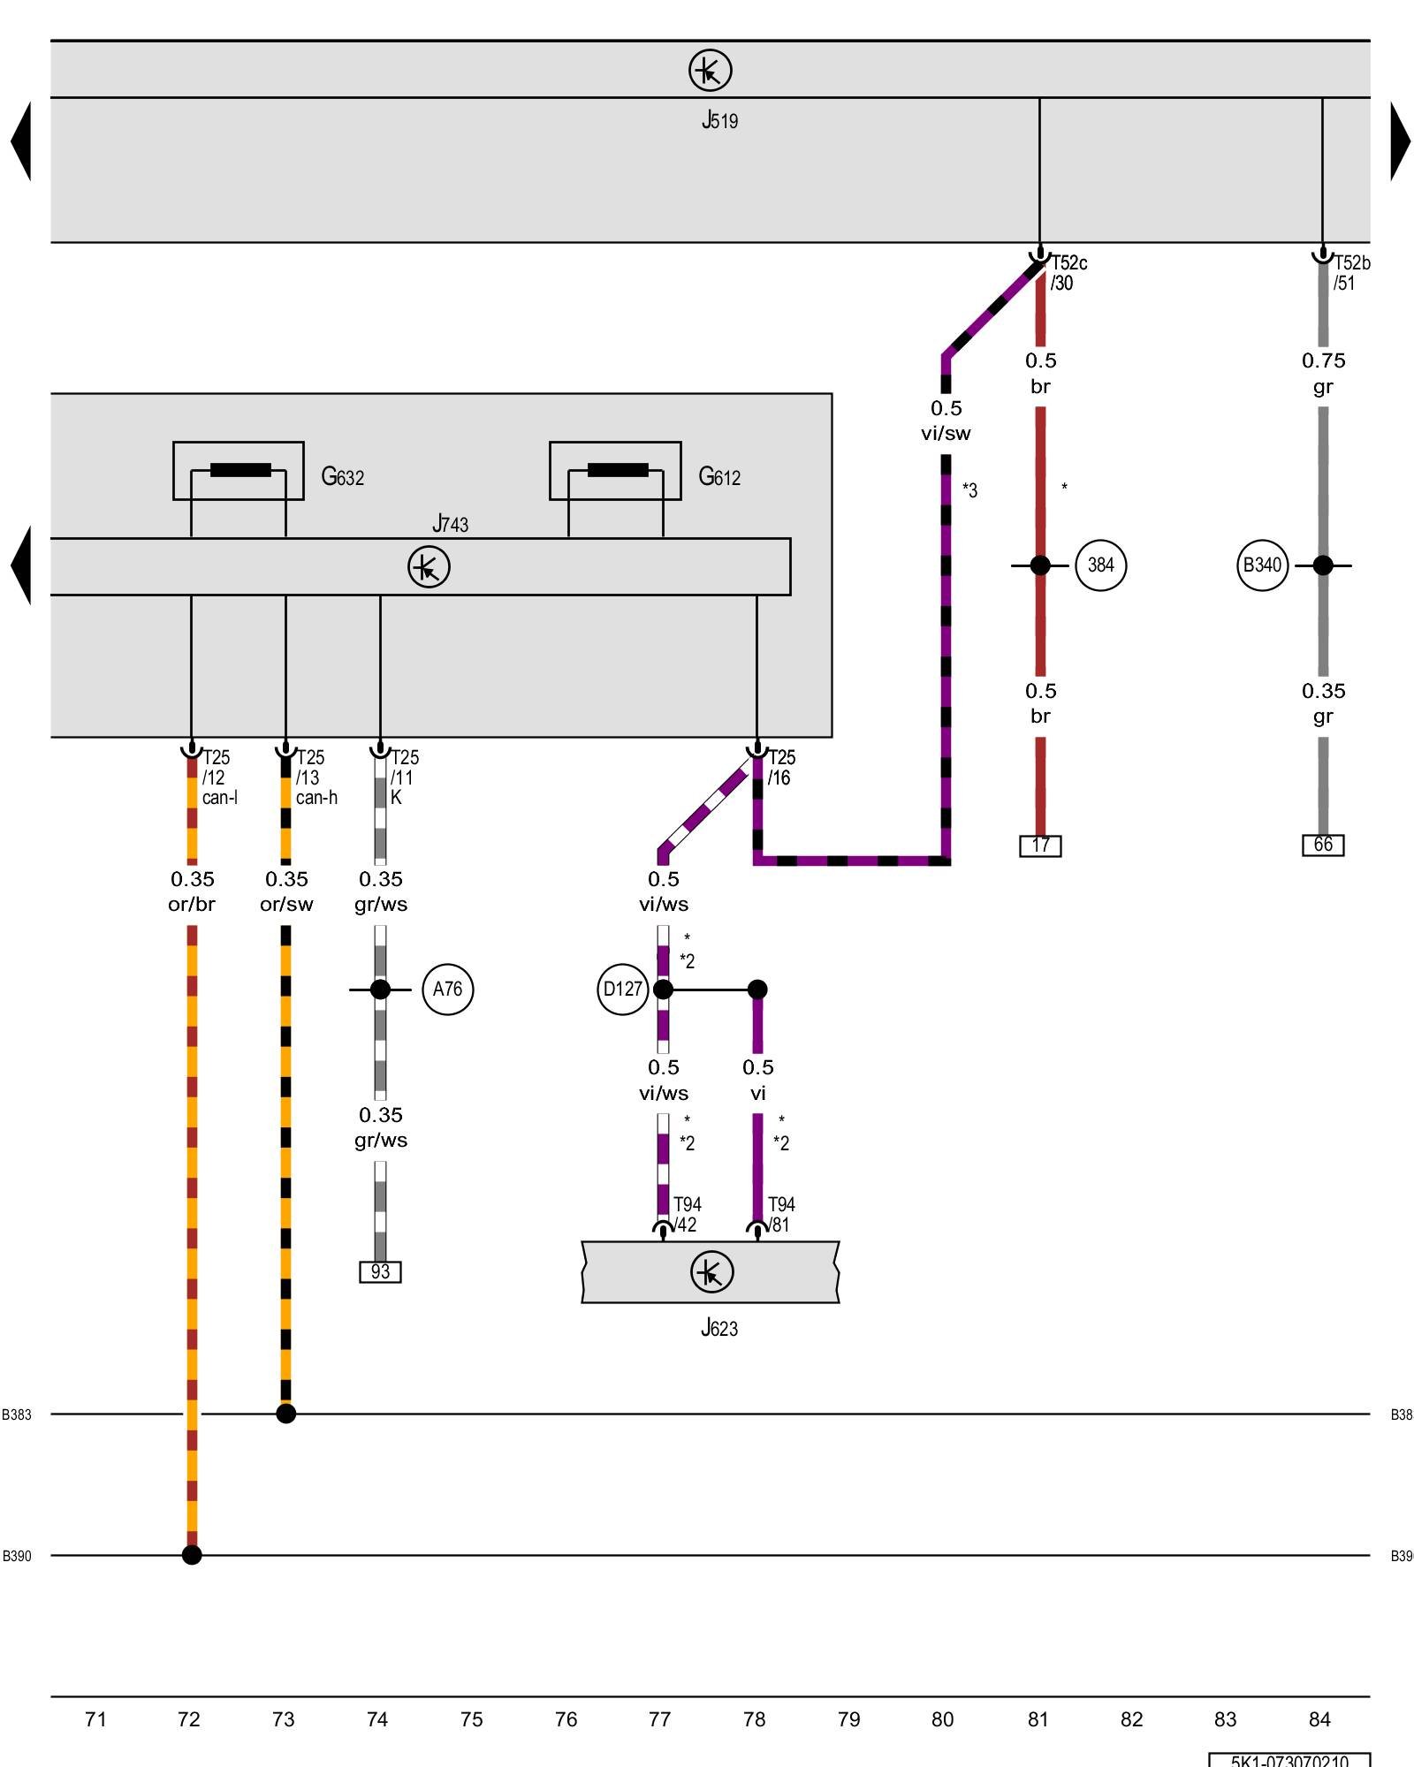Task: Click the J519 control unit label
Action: [x=719, y=120]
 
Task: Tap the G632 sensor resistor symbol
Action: [x=239, y=470]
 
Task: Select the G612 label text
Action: [x=719, y=477]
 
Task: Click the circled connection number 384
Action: [x=1100, y=565]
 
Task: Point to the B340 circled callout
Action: [x=1262, y=565]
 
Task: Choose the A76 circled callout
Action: [x=447, y=990]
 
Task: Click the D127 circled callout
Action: [x=622, y=990]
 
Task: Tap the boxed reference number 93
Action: [x=380, y=1272]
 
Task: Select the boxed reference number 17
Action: [x=1040, y=846]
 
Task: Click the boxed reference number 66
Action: [x=1323, y=845]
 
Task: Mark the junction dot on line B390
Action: [x=192, y=1555]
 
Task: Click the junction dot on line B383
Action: [x=285, y=1414]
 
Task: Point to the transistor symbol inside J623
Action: [x=711, y=1272]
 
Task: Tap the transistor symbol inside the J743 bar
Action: [x=429, y=567]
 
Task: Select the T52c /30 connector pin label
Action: [x=1068, y=273]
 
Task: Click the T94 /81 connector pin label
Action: [x=780, y=1215]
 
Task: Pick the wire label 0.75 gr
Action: [x=1323, y=374]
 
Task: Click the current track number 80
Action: [x=942, y=1719]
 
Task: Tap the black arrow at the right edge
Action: [x=1400, y=141]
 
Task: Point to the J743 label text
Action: [x=450, y=524]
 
